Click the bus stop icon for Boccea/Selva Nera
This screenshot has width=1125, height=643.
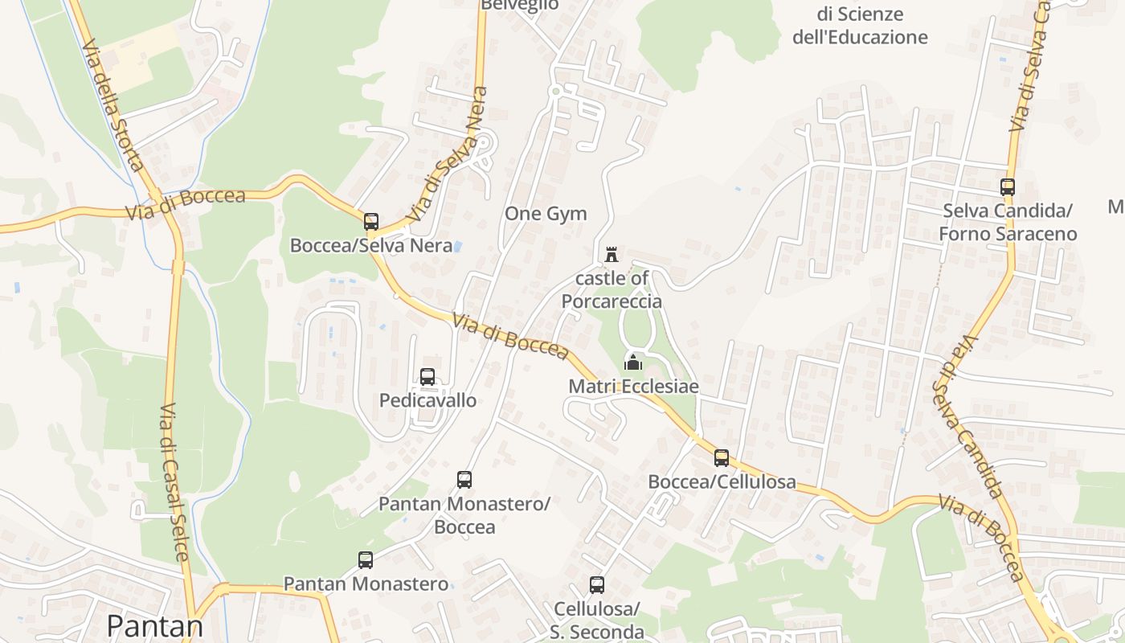coord(370,221)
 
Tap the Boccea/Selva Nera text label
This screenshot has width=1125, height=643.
coord(371,246)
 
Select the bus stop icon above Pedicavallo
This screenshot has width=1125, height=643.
coord(427,376)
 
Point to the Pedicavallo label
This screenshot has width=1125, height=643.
coord(427,400)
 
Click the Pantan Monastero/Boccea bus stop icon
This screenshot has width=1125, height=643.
coord(464,480)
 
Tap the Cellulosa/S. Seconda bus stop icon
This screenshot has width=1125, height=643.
coord(596,585)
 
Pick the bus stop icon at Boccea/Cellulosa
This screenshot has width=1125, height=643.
coord(722,458)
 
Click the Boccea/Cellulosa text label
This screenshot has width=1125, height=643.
coord(722,482)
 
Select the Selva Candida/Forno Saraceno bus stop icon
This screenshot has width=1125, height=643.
coord(1008,187)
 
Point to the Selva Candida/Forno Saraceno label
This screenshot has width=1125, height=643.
coord(1008,223)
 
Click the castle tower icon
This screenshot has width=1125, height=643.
coord(612,255)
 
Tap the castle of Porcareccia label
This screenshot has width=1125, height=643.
coord(612,290)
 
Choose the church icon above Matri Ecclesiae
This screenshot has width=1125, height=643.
coord(633,362)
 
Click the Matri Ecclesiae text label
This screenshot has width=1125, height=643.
coord(633,387)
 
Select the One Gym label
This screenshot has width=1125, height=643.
coord(546,214)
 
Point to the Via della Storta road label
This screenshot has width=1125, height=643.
coord(112,108)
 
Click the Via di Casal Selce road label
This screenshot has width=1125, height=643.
coord(174,482)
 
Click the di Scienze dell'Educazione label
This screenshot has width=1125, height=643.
coord(860,26)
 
